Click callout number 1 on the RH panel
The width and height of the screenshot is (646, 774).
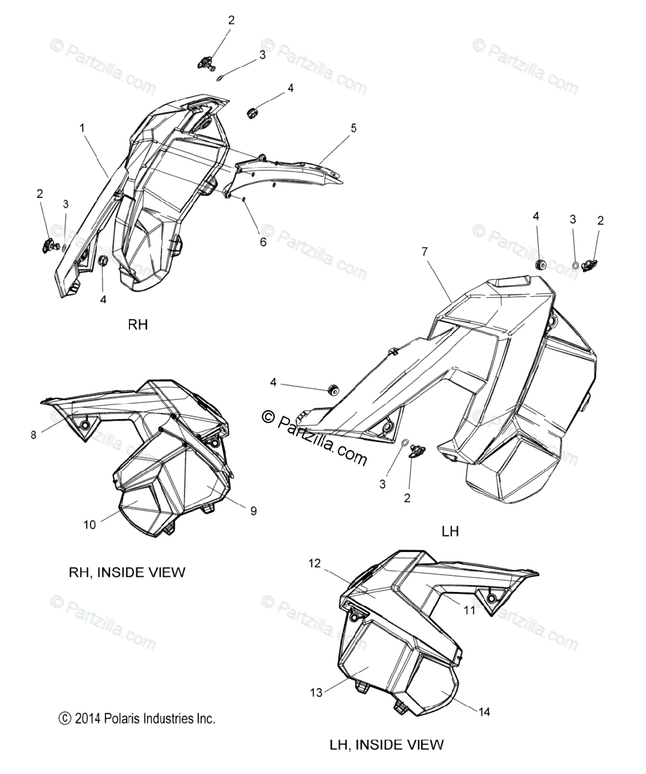pos(83,128)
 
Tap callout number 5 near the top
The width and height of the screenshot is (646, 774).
pos(353,128)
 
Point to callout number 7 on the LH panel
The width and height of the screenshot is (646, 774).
pos(425,252)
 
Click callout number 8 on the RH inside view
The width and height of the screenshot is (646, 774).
pos(34,435)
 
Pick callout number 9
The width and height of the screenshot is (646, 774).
pos(253,511)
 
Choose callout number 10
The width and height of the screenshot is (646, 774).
pos(90,525)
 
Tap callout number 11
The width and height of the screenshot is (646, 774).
pos(469,610)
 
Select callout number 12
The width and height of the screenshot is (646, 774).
pos(314,563)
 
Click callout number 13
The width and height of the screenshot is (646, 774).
pos(316,693)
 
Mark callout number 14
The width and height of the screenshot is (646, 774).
pos(484,712)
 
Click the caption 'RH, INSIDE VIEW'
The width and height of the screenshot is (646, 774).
pos(127,572)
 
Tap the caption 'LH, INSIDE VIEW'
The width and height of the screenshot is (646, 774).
pos(386,744)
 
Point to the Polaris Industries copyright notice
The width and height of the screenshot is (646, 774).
pos(137,719)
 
